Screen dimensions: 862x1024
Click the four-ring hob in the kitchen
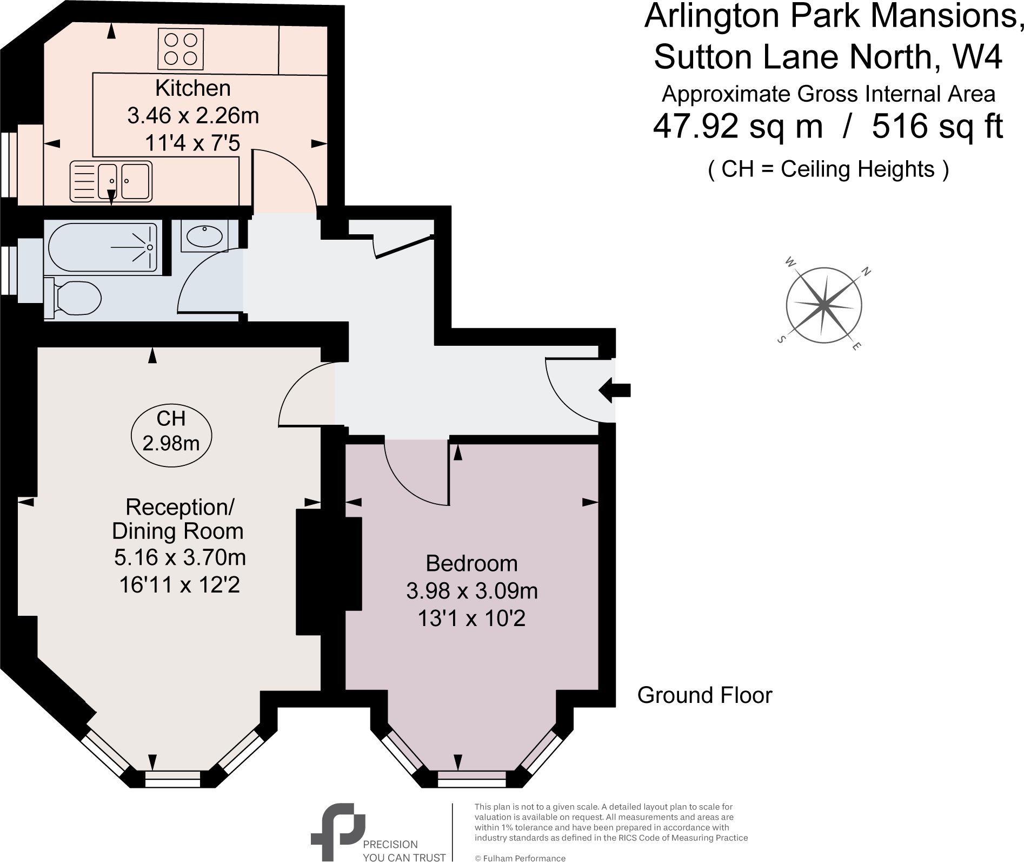point(181,49)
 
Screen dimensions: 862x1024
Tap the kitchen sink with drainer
point(111,181)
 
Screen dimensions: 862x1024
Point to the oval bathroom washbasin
point(204,236)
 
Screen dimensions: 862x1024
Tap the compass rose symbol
point(823,305)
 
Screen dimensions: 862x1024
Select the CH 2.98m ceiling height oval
point(171,431)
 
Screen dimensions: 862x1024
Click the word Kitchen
point(192,88)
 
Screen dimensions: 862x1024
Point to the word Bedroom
point(471,564)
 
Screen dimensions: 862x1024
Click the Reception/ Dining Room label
point(178,519)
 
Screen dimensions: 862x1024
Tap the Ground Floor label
point(704,695)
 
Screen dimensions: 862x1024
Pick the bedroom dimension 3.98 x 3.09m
point(471,591)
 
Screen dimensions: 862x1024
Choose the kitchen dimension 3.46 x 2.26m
point(193,116)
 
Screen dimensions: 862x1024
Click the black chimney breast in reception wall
point(329,571)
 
